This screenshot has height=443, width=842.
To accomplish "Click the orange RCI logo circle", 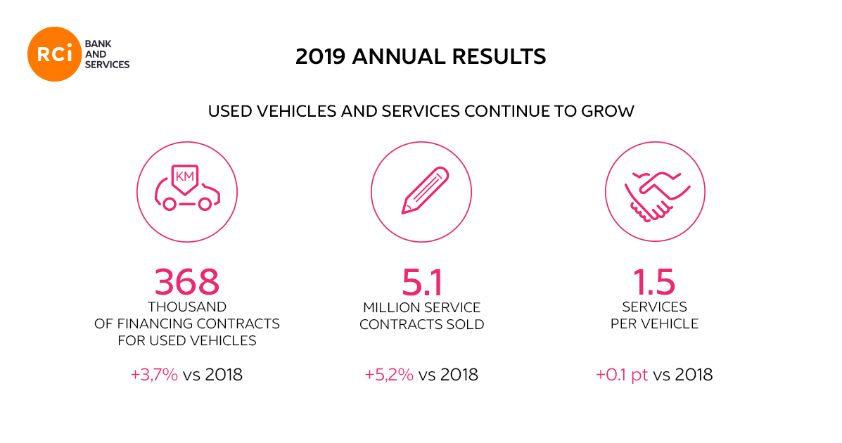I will click(55, 55).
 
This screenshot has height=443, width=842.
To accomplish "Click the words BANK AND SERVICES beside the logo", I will click(106, 55).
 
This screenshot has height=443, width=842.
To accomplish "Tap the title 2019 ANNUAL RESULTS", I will click(421, 56).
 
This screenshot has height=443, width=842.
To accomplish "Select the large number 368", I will click(187, 282).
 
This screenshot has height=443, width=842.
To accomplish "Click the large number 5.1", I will click(421, 282).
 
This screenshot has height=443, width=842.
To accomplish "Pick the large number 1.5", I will click(654, 282).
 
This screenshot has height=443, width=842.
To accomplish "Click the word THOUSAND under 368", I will click(187, 307).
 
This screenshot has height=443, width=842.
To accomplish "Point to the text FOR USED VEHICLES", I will click(187, 341).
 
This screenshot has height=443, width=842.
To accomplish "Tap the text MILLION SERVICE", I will click(421, 308).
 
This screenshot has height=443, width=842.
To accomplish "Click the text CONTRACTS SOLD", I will click(421, 325).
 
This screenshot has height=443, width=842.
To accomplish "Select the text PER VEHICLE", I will click(654, 324).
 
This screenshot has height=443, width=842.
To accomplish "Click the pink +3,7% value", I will click(154, 375).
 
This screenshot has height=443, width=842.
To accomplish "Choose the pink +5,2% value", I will click(389, 375).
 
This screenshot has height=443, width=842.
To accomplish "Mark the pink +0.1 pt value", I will click(622, 375).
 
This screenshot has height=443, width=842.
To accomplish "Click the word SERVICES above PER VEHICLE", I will click(654, 307).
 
